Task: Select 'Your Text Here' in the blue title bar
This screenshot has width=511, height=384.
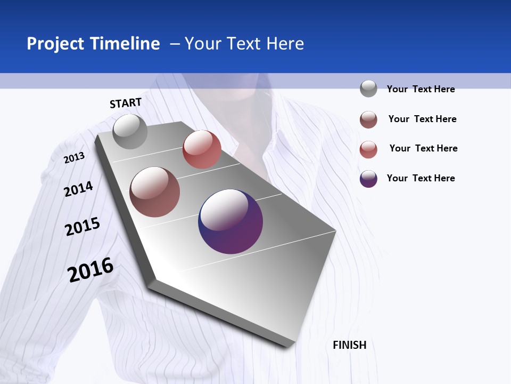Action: (x=244, y=44)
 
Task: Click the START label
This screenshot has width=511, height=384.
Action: (x=126, y=103)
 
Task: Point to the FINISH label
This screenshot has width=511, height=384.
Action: (x=350, y=345)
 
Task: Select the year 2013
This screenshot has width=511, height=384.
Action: (x=74, y=157)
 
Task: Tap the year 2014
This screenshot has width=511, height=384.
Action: (x=78, y=189)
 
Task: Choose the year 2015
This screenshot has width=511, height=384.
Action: (x=83, y=227)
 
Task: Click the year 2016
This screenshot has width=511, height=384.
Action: (x=90, y=270)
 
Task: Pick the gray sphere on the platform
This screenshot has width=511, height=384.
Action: (x=130, y=131)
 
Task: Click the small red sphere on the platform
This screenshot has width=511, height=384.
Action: (x=202, y=149)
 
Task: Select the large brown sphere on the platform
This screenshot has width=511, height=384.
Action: (x=155, y=192)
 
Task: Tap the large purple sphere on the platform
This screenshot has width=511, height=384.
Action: (x=230, y=221)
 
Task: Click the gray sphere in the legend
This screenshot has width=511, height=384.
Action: (x=368, y=89)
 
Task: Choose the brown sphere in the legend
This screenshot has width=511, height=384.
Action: (x=368, y=119)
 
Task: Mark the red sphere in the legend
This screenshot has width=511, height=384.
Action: (x=368, y=149)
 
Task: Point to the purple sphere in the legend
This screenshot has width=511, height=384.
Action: (x=368, y=179)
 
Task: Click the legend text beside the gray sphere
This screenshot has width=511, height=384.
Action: (x=421, y=89)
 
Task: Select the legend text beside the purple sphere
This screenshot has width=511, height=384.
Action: (x=421, y=178)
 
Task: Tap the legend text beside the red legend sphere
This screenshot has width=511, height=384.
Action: (x=423, y=148)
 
